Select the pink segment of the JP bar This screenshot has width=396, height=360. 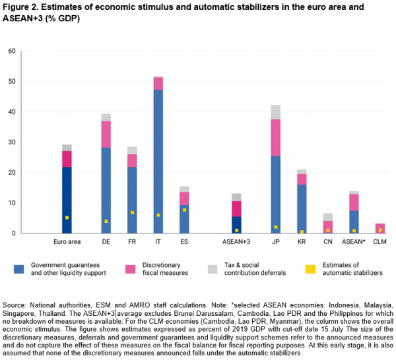pos(276,137)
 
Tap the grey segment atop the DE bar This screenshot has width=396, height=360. pos(106,117)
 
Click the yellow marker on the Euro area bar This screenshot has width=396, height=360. pos(67,217)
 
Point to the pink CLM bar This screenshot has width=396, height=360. pos(380,228)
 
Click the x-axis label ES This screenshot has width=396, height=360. pos(184,242)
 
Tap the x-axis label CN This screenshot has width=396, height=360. pos(328,242)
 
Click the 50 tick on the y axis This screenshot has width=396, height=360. pos(12,82)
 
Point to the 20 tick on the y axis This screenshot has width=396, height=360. pos(12,173)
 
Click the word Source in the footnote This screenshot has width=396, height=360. pos(15,306)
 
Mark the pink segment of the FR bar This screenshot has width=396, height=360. pos(133,160)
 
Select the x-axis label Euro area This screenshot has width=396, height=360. pos(67,242)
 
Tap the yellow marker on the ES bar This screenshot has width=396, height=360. pos(184,210)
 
